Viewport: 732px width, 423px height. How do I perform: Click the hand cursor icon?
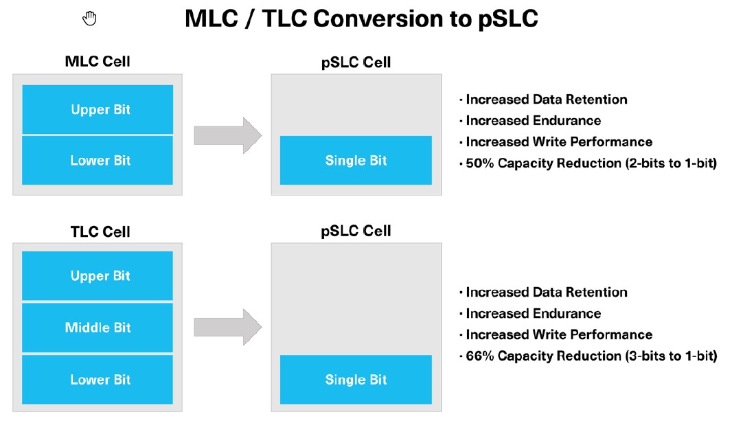(89, 19)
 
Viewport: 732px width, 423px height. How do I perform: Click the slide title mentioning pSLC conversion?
(361, 19)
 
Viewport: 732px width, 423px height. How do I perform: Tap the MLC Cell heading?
(98, 61)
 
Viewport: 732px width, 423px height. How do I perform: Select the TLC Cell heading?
(100, 231)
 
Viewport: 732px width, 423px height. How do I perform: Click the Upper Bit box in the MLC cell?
(98, 109)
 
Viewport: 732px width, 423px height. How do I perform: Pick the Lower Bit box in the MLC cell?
(98, 160)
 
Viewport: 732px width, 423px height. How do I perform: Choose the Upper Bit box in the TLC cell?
(98, 275)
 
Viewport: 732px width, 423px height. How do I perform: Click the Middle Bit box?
(98, 328)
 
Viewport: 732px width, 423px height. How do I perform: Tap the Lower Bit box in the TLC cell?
(98, 380)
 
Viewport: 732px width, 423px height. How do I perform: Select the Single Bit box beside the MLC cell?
(356, 160)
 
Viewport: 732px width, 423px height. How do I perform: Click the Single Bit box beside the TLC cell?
(356, 380)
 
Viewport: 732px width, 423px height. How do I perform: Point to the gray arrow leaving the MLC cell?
(228, 135)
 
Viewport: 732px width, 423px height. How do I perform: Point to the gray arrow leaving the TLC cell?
(228, 328)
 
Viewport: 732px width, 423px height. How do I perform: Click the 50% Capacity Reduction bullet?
(588, 163)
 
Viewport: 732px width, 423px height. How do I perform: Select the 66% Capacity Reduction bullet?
(588, 356)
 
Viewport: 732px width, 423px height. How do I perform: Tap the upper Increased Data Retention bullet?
(543, 100)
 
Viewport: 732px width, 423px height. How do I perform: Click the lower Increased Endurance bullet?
(530, 313)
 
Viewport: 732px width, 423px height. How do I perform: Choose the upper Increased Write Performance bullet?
(556, 141)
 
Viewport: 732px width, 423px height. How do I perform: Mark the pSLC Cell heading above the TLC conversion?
(356, 231)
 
